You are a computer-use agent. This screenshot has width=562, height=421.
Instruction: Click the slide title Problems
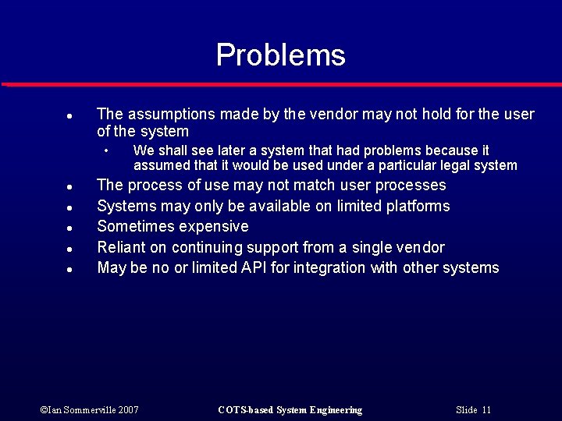(280, 55)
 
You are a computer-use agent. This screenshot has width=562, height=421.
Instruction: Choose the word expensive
(214, 227)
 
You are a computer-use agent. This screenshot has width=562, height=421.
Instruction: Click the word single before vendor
(375, 248)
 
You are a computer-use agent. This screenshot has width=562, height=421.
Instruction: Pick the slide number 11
(486, 410)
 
